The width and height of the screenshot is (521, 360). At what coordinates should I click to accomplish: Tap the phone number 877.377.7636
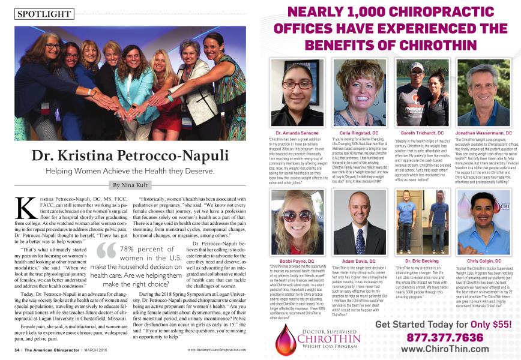441,337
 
